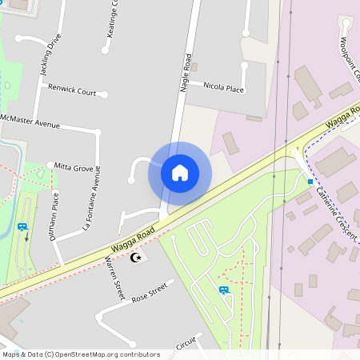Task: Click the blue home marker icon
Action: (x=180, y=172)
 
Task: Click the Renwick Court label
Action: (x=72, y=90)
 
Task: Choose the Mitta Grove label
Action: (x=74, y=167)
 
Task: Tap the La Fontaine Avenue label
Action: (x=91, y=205)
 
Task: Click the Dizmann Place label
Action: (x=55, y=207)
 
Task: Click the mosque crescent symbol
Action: (x=137, y=258)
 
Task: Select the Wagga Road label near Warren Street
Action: (x=132, y=241)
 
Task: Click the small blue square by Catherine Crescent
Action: (x=310, y=182)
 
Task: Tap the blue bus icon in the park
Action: (x=223, y=290)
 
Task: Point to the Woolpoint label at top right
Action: (x=350, y=61)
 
